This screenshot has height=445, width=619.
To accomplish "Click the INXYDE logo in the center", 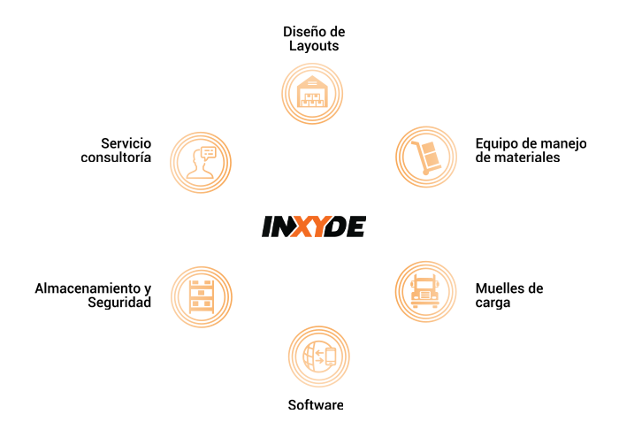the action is pos(314,226).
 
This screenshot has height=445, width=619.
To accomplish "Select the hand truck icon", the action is pos(426,157).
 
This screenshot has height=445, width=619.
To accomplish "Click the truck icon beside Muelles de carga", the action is pos(425,291).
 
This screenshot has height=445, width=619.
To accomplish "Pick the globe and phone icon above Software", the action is pos(319,357).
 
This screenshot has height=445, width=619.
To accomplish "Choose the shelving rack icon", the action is pos(202,297).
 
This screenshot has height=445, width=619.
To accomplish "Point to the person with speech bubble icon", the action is pos(201,162).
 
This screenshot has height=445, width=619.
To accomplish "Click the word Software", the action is pos(316,404).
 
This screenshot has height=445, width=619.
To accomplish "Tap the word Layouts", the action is pos(314,46).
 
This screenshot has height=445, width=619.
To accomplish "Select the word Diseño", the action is pos(302,32).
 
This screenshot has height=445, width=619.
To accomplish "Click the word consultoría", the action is pos(116,157).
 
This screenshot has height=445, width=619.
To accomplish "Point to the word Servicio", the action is pos(126,143).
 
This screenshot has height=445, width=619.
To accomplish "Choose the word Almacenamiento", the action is pos(88,288).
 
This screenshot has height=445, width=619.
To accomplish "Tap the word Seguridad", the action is pos(119,303).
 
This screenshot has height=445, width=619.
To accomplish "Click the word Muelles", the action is pos(498,288).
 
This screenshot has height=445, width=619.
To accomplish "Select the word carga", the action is pos(493,303).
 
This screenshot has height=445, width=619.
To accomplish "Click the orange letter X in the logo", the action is pos(302,226).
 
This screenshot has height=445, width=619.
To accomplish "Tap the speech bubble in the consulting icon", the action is pos(209,152).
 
